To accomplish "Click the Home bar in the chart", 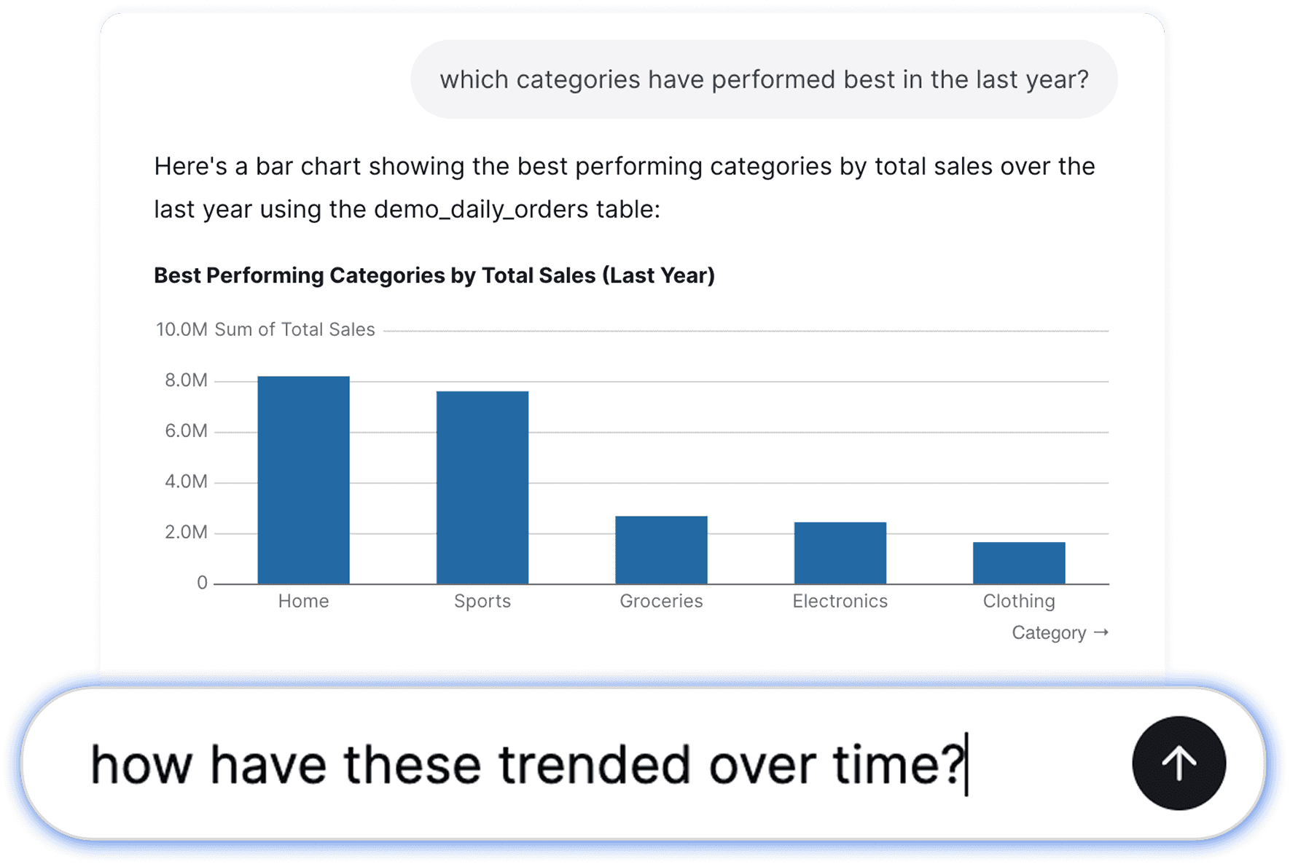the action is point(303,480).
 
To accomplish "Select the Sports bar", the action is point(482,487).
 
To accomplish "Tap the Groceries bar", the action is point(661,550).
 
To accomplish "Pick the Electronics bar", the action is point(840,553).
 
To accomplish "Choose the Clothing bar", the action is point(1019,563).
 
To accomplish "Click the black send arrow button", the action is point(1179,763).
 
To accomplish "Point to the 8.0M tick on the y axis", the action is point(186,380).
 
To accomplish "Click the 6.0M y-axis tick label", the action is point(186,431).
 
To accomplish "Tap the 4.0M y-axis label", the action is point(186,482).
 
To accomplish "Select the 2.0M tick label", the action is point(186,533).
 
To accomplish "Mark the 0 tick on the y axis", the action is point(202,583).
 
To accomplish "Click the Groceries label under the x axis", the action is point(661,601).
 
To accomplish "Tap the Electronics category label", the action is point(840,601).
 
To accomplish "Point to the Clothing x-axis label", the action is point(1019,601).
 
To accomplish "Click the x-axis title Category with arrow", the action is point(1060,632).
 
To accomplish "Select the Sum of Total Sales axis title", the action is point(294,329).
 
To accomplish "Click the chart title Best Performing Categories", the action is point(434,275).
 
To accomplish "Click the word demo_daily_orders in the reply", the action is point(481,210).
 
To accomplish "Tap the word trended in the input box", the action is point(594,764).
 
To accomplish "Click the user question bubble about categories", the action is point(764,79).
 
